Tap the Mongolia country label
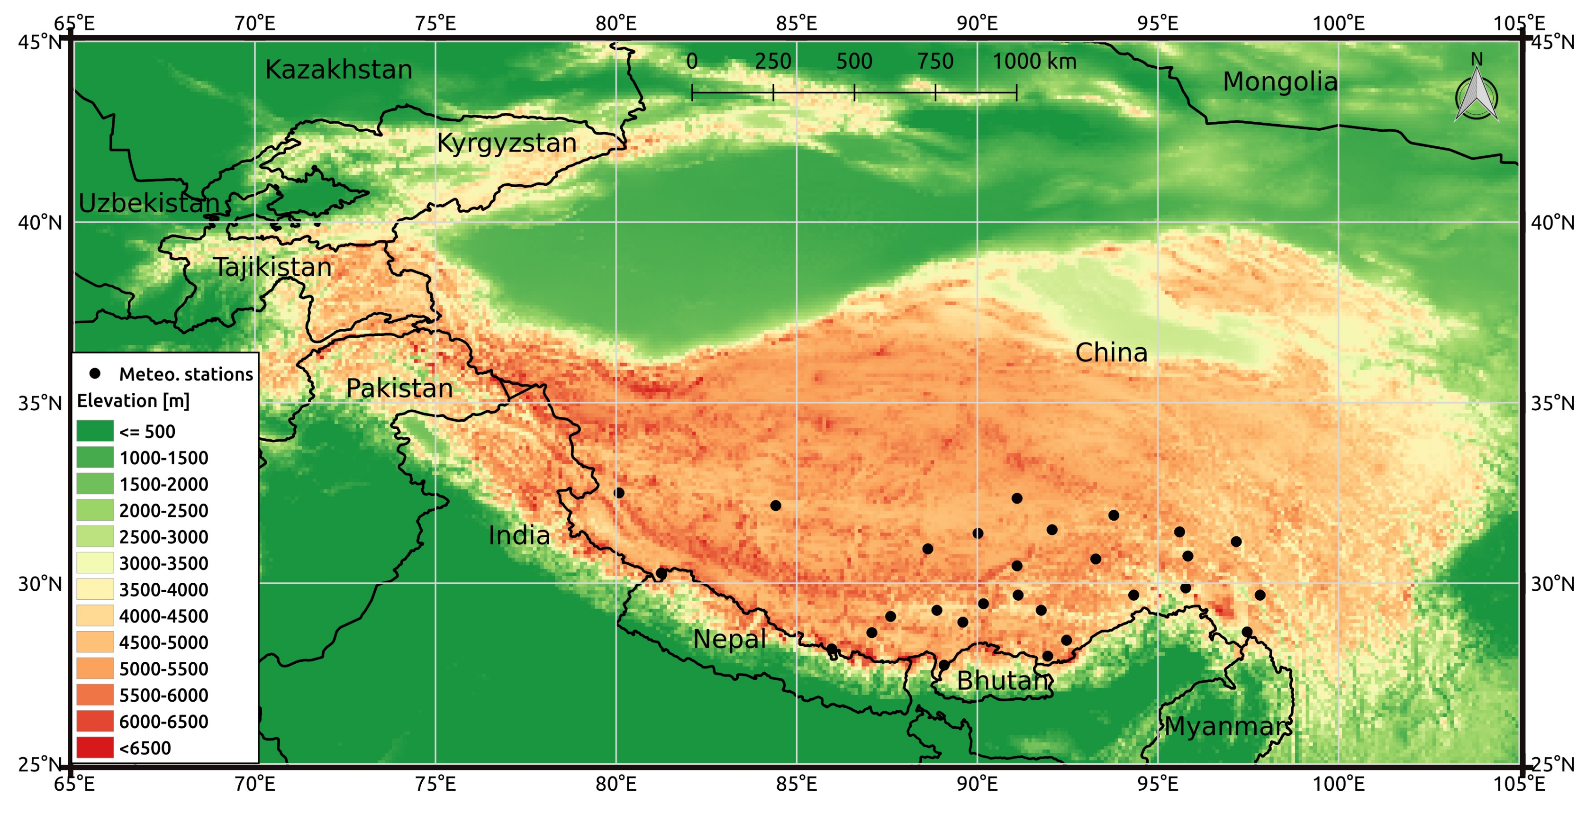[1280, 82]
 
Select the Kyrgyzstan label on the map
[507, 143]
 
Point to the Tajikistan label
[272, 268]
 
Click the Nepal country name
[729, 639]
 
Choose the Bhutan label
[1004, 681]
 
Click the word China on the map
[1111, 353]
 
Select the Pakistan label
[399, 389]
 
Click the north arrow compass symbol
[1476, 96]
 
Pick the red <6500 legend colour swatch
[95, 747]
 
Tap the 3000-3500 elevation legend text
[163, 563]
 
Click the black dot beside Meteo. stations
[95, 373]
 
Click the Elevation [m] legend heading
[133, 401]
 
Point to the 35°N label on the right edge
[1552, 404]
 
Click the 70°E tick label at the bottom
[254, 785]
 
